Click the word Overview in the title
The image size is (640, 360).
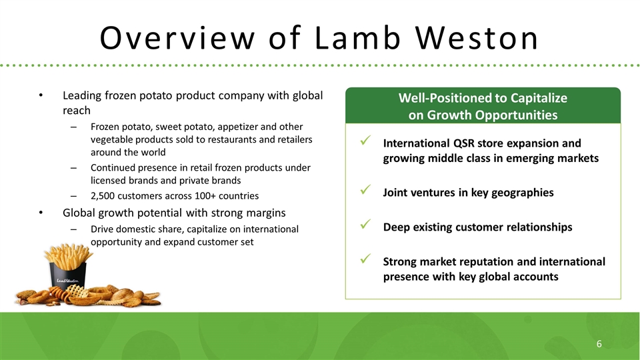(177, 38)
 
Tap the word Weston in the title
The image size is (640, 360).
(477, 38)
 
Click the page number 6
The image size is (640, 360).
(599, 344)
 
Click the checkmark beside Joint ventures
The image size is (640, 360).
(365, 189)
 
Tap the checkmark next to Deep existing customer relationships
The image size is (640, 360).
(365, 224)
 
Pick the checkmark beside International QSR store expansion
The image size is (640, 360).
(365, 141)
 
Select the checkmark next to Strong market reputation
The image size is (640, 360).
(365, 259)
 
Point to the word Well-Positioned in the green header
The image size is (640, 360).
(446, 98)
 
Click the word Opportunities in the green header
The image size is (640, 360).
(514, 115)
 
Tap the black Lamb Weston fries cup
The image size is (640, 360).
(67, 275)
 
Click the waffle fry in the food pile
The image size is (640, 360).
(77, 291)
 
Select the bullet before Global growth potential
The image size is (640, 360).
(41, 213)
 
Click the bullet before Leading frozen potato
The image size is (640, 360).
(41, 95)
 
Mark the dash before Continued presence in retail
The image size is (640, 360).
(73, 168)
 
